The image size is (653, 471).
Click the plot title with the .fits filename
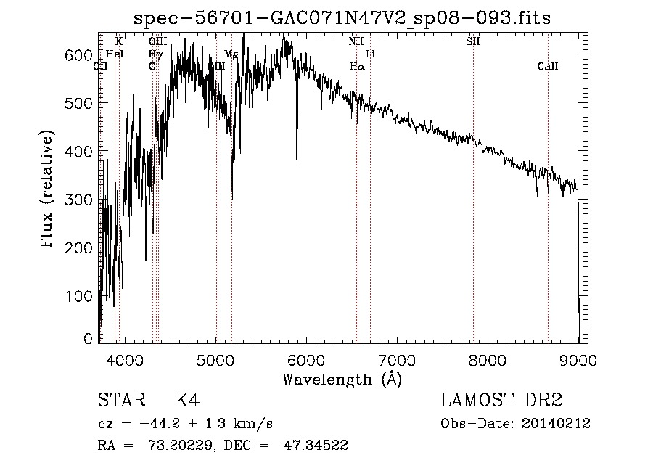[x=342, y=18]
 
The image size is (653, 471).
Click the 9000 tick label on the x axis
[x=578, y=360]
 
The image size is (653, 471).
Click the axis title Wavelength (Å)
[x=342, y=379]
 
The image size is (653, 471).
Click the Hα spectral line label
[x=356, y=67]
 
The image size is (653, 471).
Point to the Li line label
[x=370, y=54]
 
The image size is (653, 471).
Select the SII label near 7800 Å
[x=472, y=41]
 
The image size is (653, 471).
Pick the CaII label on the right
[x=548, y=67]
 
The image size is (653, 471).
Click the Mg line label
[x=231, y=54]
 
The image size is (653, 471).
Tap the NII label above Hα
[x=356, y=41]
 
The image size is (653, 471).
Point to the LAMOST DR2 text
[x=501, y=401]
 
